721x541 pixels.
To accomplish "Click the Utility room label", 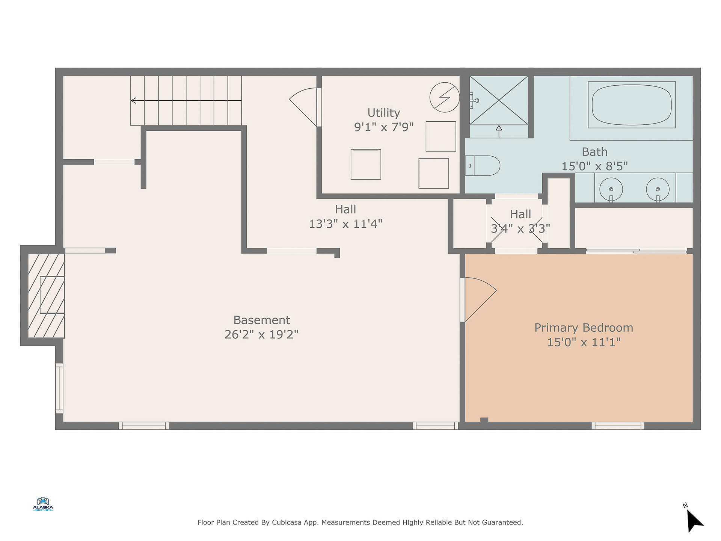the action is point(383,113).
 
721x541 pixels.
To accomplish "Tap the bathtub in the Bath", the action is point(632,104).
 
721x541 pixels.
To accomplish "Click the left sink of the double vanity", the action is point(611,189).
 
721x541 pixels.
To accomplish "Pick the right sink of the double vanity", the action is point(658,189).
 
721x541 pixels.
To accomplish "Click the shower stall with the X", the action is point(499,100).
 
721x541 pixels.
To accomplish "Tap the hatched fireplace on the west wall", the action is point(46,296).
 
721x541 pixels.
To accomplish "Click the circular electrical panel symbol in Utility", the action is point(445,97).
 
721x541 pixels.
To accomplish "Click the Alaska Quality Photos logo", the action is point(43,504).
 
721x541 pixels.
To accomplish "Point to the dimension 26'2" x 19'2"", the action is point(261,334).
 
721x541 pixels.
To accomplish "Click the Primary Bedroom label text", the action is point(584,328).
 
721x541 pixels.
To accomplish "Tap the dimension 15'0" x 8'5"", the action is point(594,166).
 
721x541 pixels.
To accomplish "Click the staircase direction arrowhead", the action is point(133,101).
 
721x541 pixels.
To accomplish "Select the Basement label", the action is point(262,320).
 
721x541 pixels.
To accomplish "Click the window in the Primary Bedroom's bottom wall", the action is point(618,426).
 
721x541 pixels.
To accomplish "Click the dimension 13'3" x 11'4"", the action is point(345,224).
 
